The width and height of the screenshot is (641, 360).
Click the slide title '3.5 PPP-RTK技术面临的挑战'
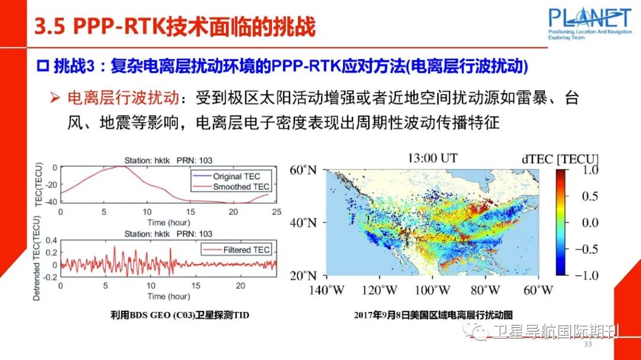[174, 27]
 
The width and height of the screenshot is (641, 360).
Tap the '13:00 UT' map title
[432, 158]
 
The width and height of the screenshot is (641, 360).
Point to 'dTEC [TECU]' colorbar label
[560, 158]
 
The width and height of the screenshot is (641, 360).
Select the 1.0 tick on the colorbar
[589, 171]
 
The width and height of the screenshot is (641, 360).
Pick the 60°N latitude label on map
[304, 171]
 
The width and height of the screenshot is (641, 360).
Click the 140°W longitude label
[325, 290]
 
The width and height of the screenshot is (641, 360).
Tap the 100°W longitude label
[432, 290]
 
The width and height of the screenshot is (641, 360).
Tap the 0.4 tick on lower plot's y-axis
[52, 240]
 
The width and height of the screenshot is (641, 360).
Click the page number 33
[588, 345]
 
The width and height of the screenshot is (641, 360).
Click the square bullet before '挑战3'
[43, 66]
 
